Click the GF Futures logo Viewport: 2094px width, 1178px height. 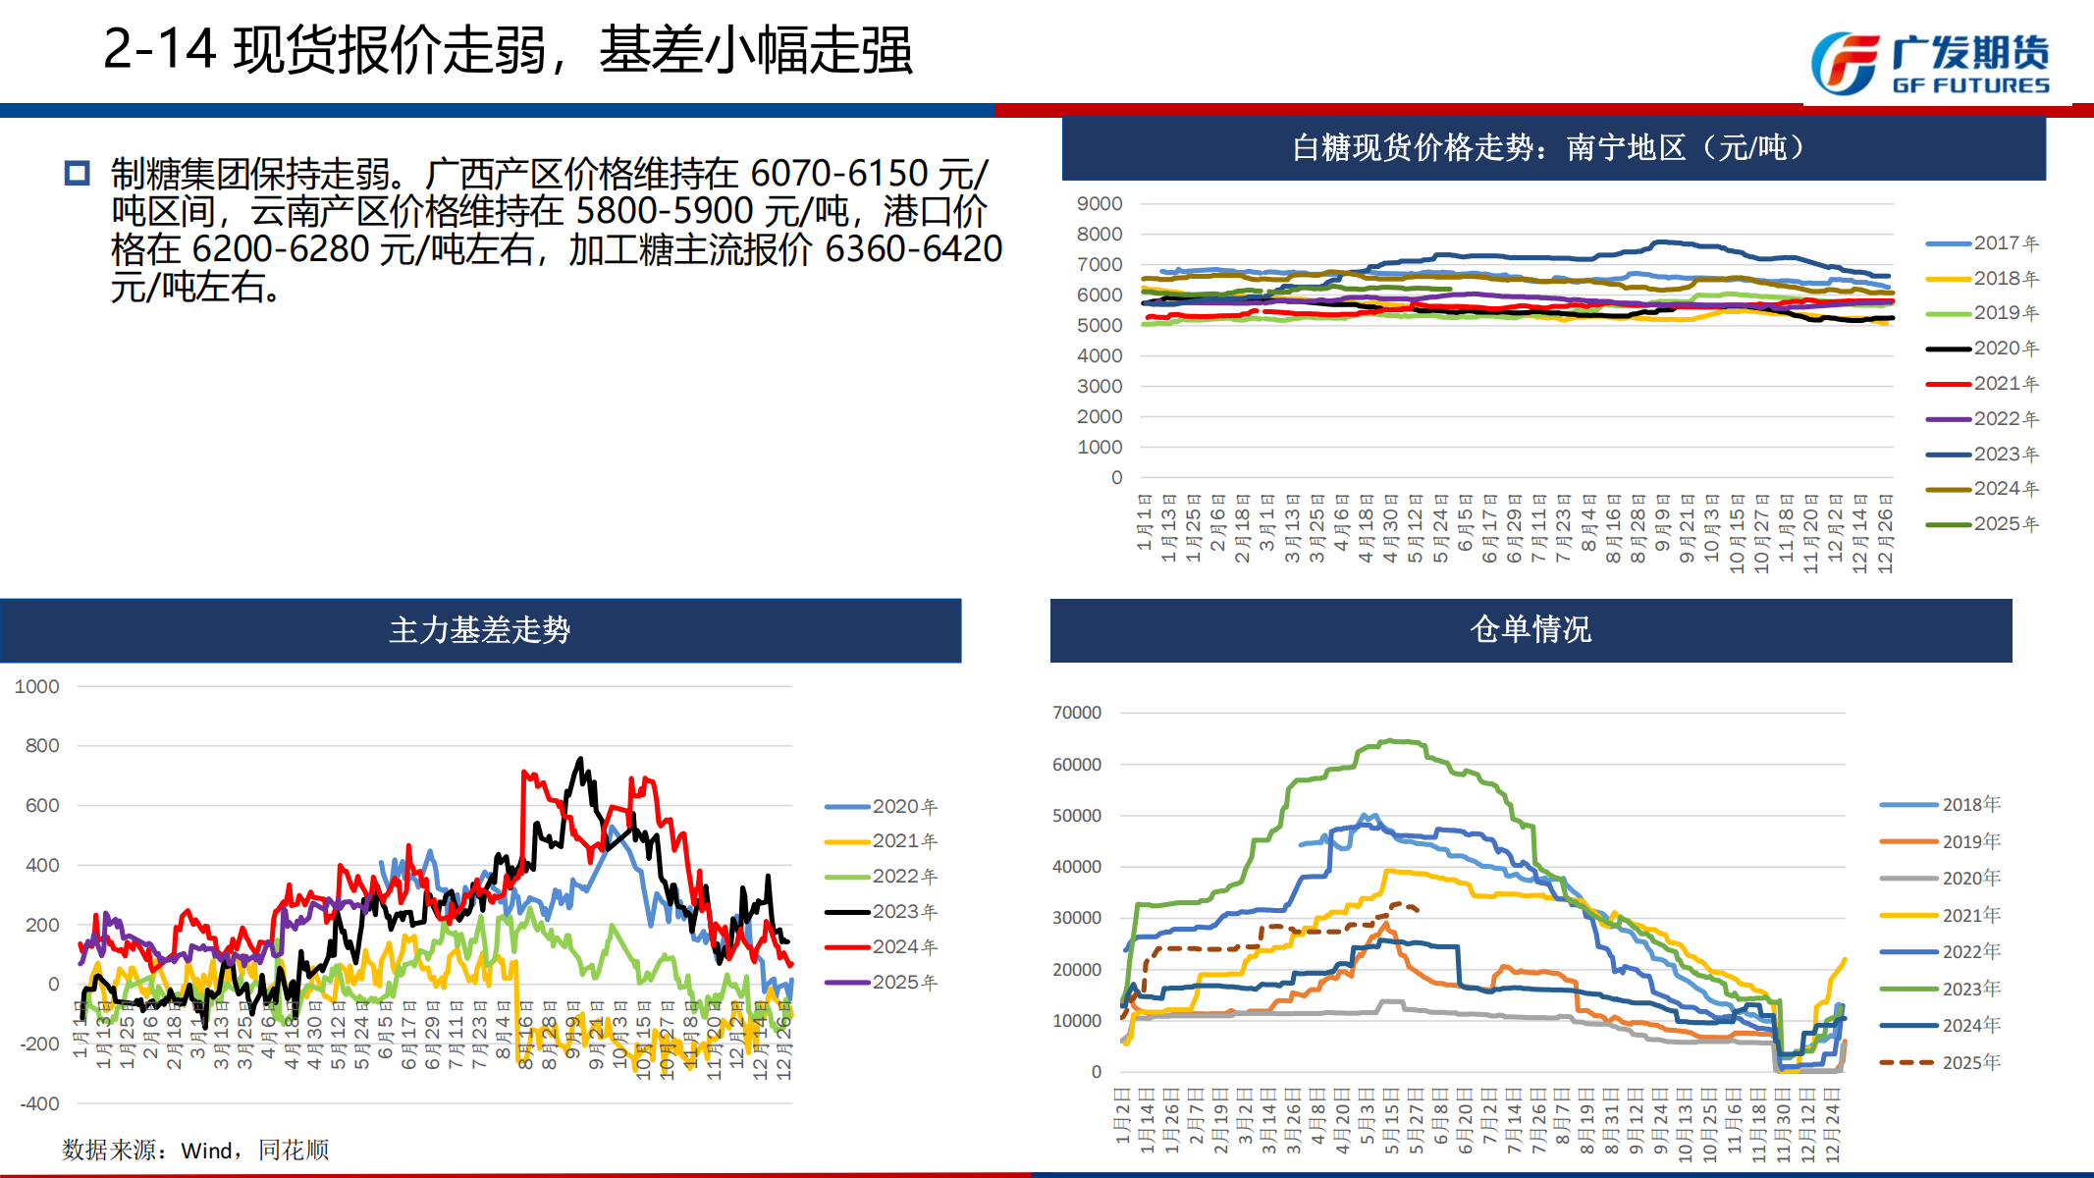[x=1929, y=64]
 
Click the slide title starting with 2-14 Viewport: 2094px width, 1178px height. [x=508, y=50]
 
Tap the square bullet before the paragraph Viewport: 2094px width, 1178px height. [x=77, y=174]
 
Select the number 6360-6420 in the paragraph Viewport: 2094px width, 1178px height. [x=913, y=249]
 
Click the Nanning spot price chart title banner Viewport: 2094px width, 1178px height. [x=1553, y=148]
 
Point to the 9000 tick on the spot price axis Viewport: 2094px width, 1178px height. [x=1100, y=204]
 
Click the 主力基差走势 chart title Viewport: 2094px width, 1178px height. [x=480, y=630]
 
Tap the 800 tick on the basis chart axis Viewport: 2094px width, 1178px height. [x=42, y=746]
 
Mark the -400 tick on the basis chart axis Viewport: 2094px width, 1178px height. [x=39, y=1104]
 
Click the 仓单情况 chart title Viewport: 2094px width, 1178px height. [x=1530, y=629]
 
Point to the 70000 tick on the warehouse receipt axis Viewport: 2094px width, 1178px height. [x=1077, y=713]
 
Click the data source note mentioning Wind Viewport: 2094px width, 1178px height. [x=195, y=1150]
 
